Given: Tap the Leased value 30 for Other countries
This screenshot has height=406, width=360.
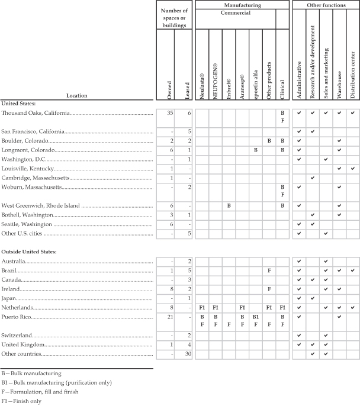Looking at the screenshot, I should coord(187,353).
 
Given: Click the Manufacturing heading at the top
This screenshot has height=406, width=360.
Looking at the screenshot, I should coord(242,5).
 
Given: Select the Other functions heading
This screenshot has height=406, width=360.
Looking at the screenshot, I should coord(326,5).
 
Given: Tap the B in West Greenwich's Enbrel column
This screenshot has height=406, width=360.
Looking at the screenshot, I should coord(228,205).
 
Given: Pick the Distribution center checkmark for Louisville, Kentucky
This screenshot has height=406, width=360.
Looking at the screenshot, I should coord(352,169).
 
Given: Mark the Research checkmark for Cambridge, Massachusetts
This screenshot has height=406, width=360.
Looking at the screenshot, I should coord(313,178).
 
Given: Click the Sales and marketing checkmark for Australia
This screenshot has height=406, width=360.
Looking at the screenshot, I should coord(326,261).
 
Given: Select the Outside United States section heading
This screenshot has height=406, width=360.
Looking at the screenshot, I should coord(29,252).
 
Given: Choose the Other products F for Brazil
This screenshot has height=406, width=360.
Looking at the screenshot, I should coord(269,270).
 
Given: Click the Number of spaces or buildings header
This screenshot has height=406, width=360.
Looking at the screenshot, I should coord(175,17).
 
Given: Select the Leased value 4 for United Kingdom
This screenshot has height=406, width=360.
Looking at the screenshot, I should coord(188,344).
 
